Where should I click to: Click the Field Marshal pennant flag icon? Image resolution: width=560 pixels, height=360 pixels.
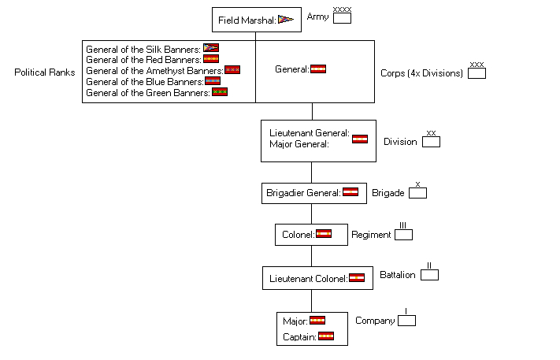click(x=285, y=20)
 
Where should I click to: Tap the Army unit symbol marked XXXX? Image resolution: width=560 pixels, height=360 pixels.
click(x=342, y=17)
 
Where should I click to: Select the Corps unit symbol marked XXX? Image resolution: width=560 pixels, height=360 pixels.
click(x=477, y=72)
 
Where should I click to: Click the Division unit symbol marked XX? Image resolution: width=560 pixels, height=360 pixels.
click(x=431, y=142)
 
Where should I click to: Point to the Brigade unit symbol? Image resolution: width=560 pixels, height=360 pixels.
click(x=417, y=192)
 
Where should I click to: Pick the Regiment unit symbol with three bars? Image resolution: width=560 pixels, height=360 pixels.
click(x=403, y=234)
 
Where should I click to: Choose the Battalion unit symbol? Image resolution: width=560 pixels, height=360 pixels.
click(x=429, y=274)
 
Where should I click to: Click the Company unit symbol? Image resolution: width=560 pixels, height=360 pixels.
click(x=406, y=320)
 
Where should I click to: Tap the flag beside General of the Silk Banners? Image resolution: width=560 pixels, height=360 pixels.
click(x=211, y=48)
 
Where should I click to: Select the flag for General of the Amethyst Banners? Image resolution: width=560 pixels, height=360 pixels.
click(x=232, y=69)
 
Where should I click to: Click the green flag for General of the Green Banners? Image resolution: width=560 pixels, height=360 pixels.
click(x=220, y=91)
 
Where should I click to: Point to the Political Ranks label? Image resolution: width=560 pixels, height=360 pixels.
click(x=45, y=72)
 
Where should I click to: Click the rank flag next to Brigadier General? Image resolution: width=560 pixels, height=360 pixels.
click(x=350, y=191)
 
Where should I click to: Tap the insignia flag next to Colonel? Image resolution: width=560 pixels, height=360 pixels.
click(x=324, y=233)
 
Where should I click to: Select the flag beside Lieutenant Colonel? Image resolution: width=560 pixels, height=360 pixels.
click(x=357, y=277)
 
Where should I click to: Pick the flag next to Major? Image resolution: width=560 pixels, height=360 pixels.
click(x=317, y=320)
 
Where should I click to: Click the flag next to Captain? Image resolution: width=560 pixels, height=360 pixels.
click(x=326, y=336)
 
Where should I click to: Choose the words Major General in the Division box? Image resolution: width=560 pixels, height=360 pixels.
click(x=299, y=144)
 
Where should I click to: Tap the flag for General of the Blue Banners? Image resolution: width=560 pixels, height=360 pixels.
click(x=213, y=80)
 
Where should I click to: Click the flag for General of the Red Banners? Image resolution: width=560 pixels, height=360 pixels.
click(x=211, y=58)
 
